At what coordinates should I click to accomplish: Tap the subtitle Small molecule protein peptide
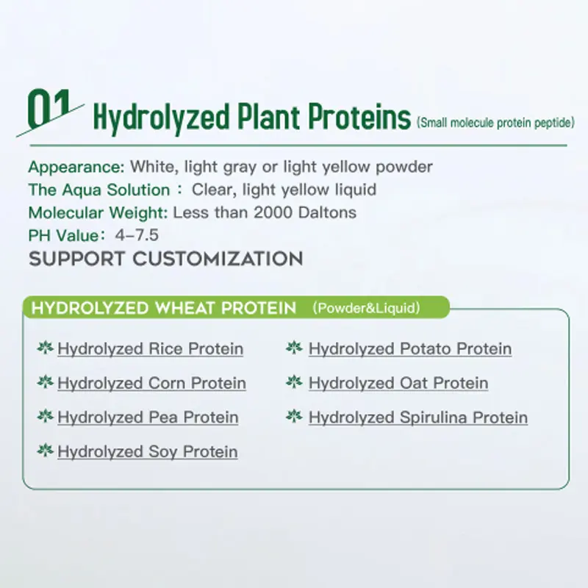pyautogui.click(x=494, y=123)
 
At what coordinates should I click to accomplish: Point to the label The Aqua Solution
pyautogui.click(x=98, y=190)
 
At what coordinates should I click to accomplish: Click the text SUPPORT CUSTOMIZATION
pyautogui.click(x=165, y=259)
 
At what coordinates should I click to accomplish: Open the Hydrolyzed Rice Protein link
pyautogui.click(x=150, y=348)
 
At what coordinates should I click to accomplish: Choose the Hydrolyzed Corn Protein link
pyautogui.click(x=151, y=383)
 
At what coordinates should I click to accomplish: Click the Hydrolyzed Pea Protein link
pyautogui.click(x=148, y=417)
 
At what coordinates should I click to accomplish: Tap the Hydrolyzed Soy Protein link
pyautogui.click(x=147, y=451)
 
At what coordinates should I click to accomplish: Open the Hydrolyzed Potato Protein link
pyautogui.click(x=410, y=348)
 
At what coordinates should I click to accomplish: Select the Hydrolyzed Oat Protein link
pyautogui.click(x=398, y=383)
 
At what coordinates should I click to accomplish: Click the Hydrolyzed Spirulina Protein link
pyautogui.click(x=418, y=417)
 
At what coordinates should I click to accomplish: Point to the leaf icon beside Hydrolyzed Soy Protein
pyautogui.click(x=45, y=451)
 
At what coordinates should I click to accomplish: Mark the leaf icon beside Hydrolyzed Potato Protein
pyautogui.click(x=294, y=348)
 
